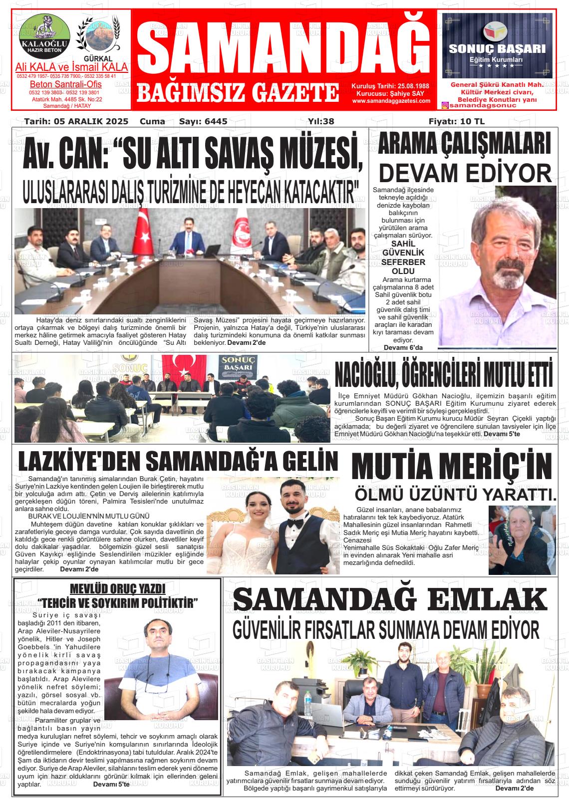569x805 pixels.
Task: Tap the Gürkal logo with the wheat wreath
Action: click(99, 38)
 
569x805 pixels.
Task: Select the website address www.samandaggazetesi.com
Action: click(391, 101)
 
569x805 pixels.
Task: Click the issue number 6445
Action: click(215, 121)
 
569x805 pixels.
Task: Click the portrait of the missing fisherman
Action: click(497, 267)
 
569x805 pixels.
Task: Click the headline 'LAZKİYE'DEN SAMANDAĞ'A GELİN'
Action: click(177, 461)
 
